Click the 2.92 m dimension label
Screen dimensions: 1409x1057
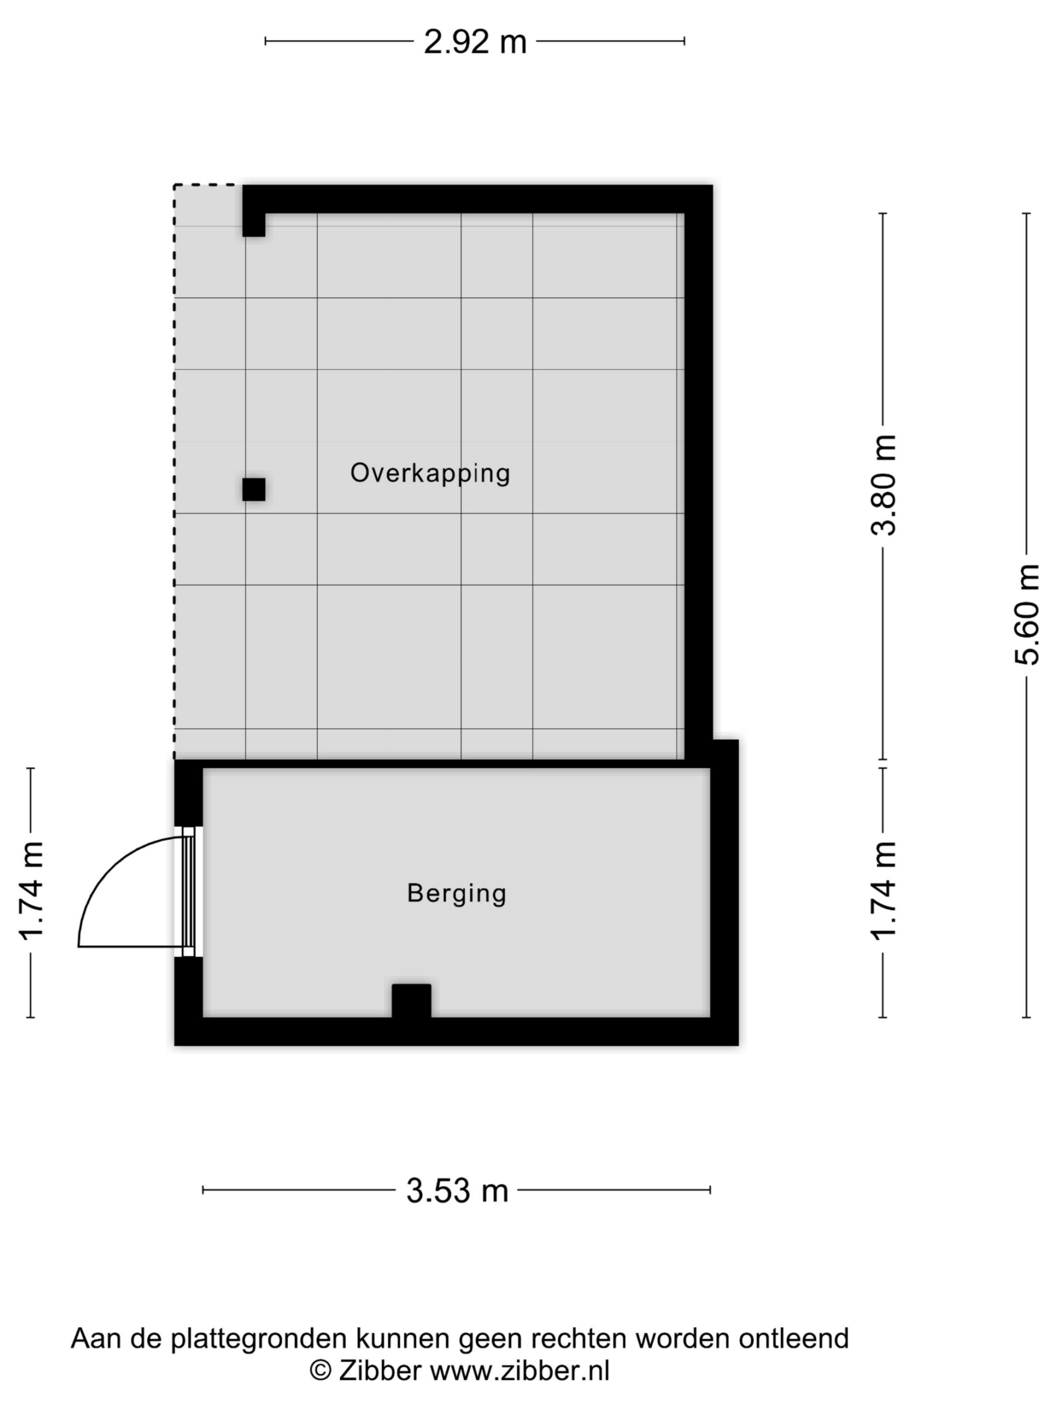[475, 42]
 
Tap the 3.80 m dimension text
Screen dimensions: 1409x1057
[884, 485]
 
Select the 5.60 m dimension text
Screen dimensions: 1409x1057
[1026, 614]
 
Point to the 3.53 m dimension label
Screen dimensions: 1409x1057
[457, 1191]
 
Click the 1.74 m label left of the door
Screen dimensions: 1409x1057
[31, 891]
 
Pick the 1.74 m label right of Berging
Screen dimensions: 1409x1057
[884, 891]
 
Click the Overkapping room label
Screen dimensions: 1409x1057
[430, 473]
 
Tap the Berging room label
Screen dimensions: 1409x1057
[456, 893]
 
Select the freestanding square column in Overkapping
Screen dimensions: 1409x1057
[254, 489]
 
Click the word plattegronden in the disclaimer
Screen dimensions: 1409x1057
[260, 1339]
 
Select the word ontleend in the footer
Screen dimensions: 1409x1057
[793, 1339]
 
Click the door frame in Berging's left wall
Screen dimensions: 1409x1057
[189, 892]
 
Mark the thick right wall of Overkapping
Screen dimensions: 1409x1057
[698, 471]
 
